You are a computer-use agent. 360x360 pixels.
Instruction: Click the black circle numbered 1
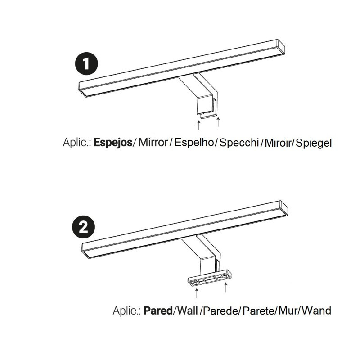[x=86, y=63]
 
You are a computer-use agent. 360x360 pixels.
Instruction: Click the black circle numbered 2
[x=84, y=227]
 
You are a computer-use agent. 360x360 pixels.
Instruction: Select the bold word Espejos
[x=113, y=143]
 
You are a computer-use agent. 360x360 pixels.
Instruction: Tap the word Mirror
[x=153, y=142]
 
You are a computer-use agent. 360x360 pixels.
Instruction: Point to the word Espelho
[x=194, y=142]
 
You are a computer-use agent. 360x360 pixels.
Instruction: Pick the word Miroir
[x=278, y=143]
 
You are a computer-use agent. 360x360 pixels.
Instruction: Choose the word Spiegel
[x=314, y=143]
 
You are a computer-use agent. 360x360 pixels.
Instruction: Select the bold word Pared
[x=158, y=310]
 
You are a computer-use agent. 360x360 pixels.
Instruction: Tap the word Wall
[x=188, y=310]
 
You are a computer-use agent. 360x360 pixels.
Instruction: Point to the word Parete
[x=258, y=310]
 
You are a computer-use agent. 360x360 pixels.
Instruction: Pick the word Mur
[x=288, y=310]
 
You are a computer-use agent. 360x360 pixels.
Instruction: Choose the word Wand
[x=316, y=310]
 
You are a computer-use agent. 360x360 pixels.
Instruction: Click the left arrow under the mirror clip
[x=199, y=125]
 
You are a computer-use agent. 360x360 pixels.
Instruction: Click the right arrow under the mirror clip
[x=218, y=121]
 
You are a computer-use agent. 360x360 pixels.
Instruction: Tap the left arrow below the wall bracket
[x=197, y=293]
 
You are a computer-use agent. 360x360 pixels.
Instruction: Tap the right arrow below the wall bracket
[x=226, y=287]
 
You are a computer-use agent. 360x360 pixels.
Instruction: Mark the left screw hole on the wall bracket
[x=195, y=283]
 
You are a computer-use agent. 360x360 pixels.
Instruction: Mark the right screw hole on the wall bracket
[x=224, y=276]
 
